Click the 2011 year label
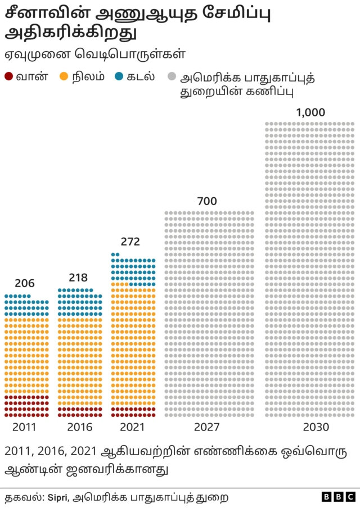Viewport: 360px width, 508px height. pyautogui.click(x=24, y=427)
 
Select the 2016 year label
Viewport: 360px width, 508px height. pyautogui.click(x=79, y=427)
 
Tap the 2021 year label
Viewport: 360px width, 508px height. pyautogui.click(x=133, y=427)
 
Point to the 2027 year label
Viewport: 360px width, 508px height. pyautogui.click(x=207, y=427)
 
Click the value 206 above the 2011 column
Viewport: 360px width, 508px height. pyautogui.click(x=25, y=283)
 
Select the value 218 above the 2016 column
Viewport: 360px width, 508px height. pyautogui.click(x=79, y=278)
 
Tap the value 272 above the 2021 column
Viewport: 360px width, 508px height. pyautogui.click(x=130, y=242)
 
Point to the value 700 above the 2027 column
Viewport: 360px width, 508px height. pyautogui.click(x=207, y=201)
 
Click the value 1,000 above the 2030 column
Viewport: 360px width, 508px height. pyautogui.click(x=310, y=112)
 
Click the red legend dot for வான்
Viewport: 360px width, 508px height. pyautogui.click(x=8, y=77)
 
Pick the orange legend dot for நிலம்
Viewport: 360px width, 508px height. pyautogui.click(x=64, y=77)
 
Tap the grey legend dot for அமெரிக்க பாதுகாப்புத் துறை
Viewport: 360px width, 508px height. pyautogui.click(x=171, y=77)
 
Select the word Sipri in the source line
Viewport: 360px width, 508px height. pyautogui.click(x=58, y=497)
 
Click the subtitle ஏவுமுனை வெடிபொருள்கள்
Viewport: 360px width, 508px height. pyautogui.click(x=96, y=55)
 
